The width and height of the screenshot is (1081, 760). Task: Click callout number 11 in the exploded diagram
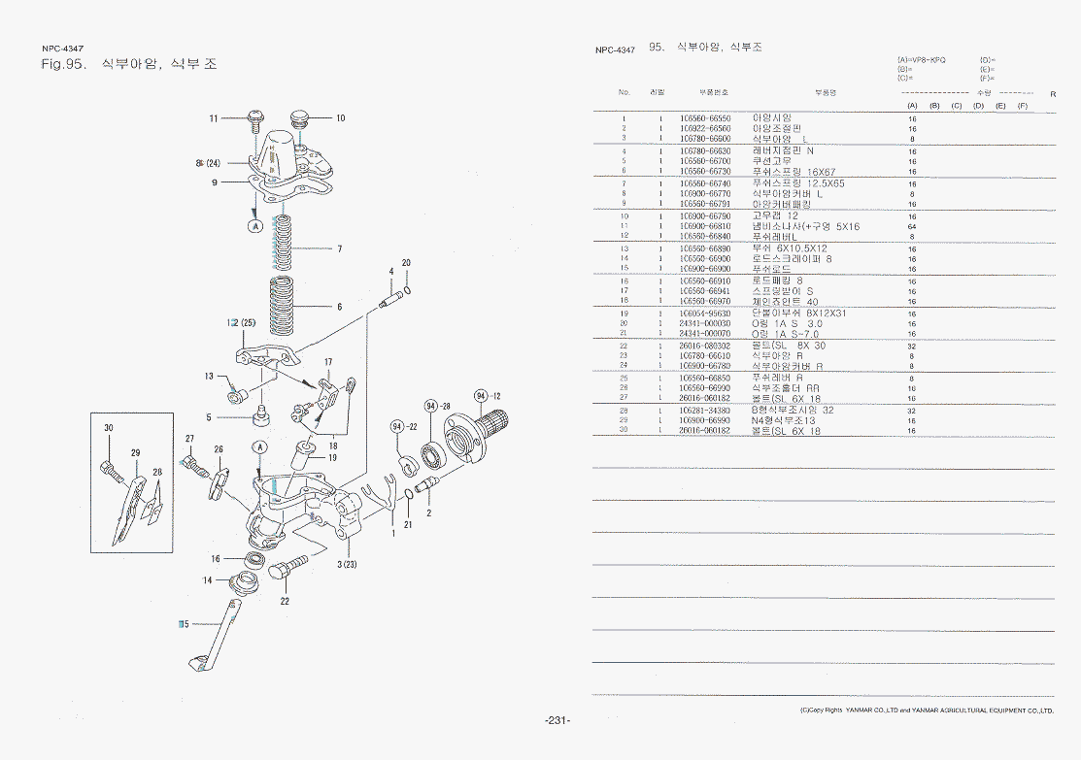214,118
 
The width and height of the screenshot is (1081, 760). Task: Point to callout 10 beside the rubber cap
340,118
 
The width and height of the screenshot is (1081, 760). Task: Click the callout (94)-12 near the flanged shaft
487,395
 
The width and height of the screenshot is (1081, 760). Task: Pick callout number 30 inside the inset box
109,428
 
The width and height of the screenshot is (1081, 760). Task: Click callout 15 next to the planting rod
184,623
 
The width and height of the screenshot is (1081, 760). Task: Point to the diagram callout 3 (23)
348,564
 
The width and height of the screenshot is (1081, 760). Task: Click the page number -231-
557,720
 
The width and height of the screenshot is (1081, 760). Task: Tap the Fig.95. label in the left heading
65,65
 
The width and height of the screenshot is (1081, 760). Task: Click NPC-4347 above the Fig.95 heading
62,48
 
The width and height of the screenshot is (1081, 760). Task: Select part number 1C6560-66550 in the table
705,118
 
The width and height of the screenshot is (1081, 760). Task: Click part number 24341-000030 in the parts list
705,324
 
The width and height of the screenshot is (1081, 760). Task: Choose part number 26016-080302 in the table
705,346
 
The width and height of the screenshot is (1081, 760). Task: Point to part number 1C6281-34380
705,411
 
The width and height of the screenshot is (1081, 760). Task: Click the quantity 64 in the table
912,227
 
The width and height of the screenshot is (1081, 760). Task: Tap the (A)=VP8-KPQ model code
922,60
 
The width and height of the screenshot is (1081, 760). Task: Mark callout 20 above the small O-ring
406,263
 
